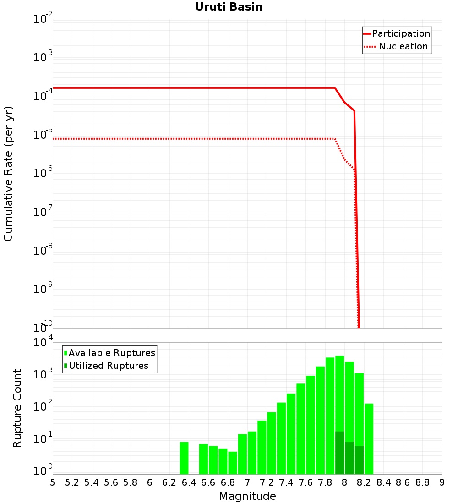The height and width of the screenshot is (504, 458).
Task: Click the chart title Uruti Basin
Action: pyautogui.click(x=229, y=7)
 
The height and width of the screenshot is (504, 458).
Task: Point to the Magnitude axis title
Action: pyautogui.click(x=247, y=496)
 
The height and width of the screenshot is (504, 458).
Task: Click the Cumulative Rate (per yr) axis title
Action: pyautogui.click(x=8, y=174)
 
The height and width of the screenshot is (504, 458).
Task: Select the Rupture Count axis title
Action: pyautogui.click(x=17, y=408)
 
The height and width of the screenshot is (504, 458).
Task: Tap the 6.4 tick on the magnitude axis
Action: pyautogui.click(x=189, y=482)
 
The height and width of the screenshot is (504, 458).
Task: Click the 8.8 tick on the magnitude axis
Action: pyautogui.click(x=422, y=482)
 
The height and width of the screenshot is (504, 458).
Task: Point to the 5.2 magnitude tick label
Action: pyautogui.click(x=72, y=482)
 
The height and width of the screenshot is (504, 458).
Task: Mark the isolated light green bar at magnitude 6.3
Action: pyautogui.click(x=184, y=458)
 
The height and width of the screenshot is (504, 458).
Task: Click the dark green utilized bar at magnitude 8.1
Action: pyautogui.click(x=359, y=460)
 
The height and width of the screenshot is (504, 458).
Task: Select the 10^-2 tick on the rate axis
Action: pyautogui.click(x=43, y=19)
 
